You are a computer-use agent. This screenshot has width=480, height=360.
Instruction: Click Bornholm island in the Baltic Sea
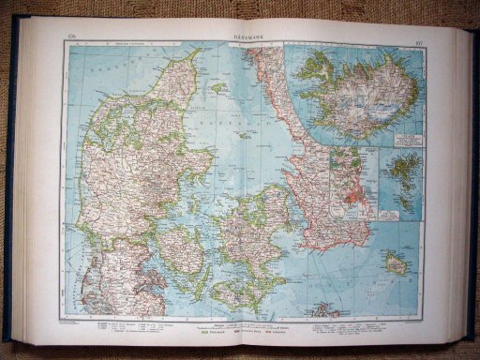tap(397, 265)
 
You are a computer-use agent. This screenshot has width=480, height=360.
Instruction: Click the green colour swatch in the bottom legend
tap(201, 330)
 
